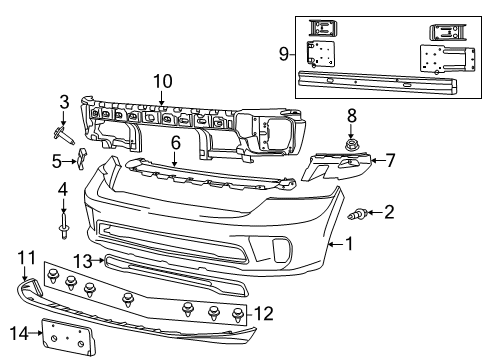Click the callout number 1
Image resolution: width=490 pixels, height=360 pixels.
[350, 243]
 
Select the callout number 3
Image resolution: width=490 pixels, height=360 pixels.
[64, 101]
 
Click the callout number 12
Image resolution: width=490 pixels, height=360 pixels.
[264, 314]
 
